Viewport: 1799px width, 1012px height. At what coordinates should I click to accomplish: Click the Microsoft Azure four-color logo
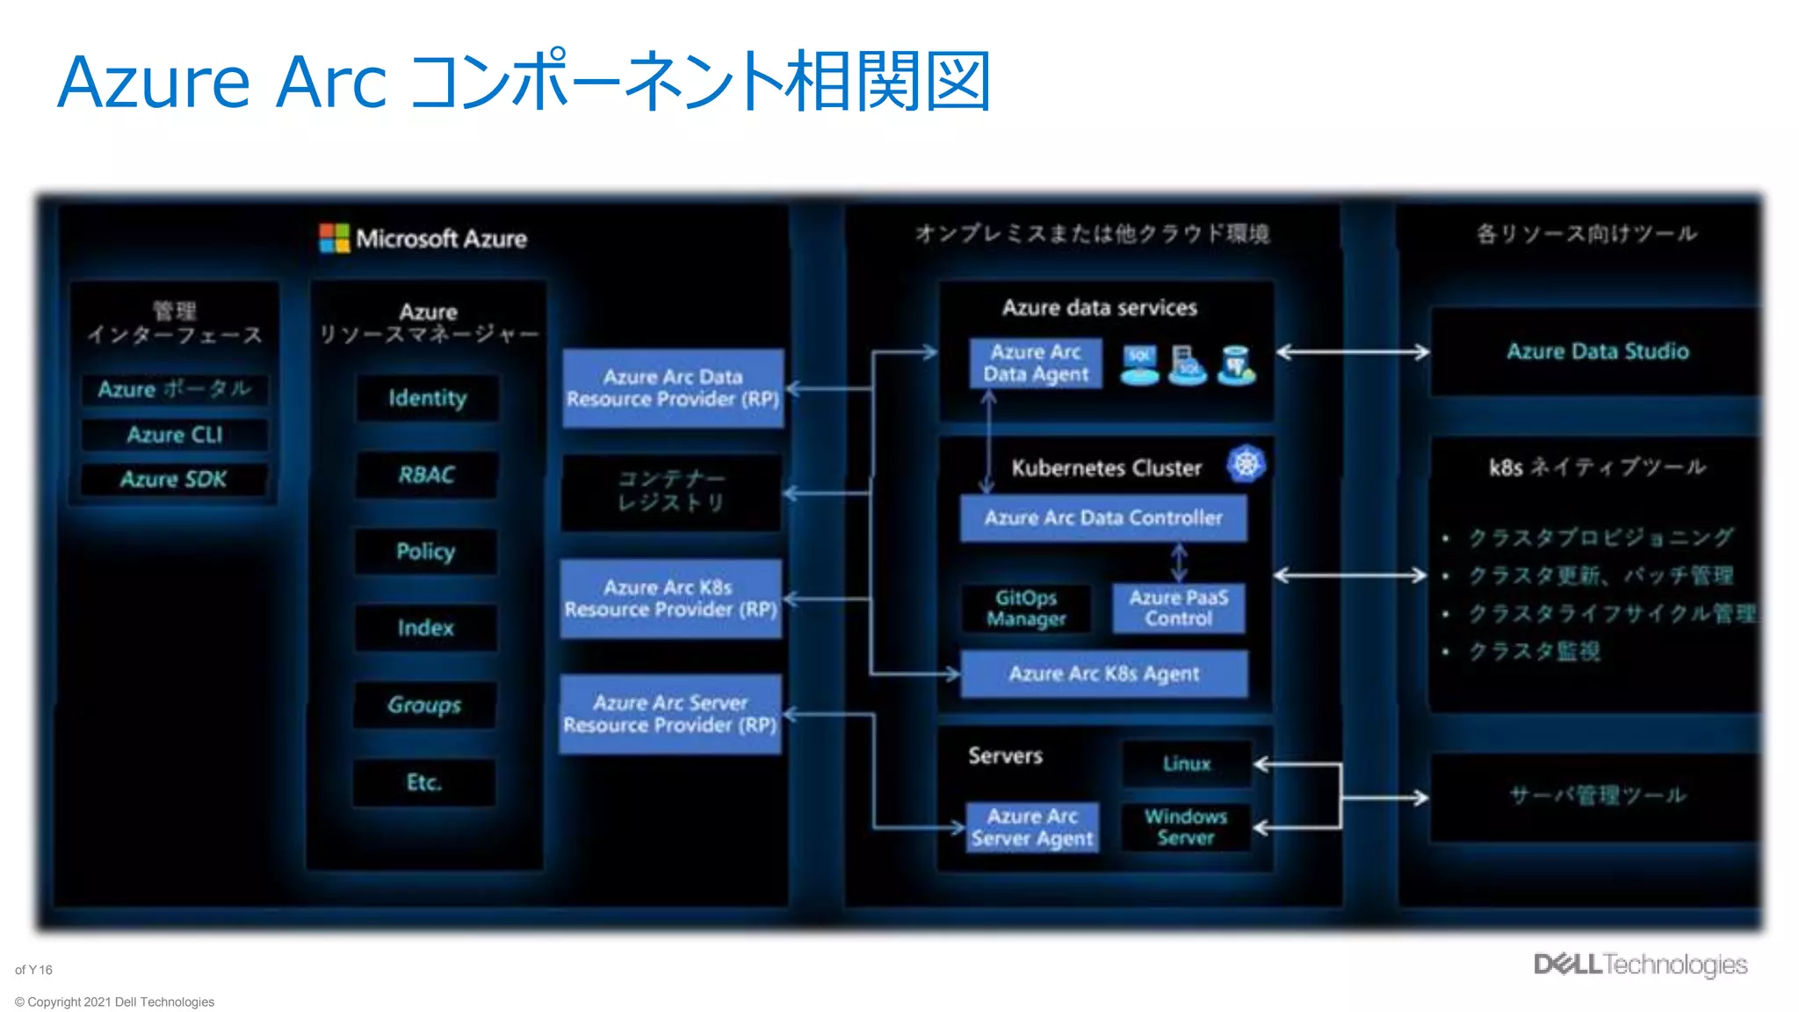(x=334, y=238)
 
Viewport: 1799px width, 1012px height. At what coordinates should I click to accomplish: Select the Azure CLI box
(x=175, y=435)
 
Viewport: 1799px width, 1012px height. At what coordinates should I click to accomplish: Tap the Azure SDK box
(x=174, y=480)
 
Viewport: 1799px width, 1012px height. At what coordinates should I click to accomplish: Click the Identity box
(x=427, y=398)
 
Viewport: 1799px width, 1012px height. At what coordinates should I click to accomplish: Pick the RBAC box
(x=427, y=475)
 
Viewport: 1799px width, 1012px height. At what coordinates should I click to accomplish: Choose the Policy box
(x=426, y=552)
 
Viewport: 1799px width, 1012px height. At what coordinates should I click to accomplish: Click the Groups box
(x=425, y=705)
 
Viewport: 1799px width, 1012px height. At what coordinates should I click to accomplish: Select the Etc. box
(x=424, y=782)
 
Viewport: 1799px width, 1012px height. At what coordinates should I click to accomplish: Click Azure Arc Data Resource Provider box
(x=673, y=388)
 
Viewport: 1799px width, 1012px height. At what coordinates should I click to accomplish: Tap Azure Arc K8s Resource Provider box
(x=671, y=598)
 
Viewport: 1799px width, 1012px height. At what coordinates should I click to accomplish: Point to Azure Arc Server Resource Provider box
(x=670, y=714)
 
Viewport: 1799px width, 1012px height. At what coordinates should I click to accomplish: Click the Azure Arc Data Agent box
(x=1036, y=363)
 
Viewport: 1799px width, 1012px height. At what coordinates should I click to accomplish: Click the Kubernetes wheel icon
(x=1246, y=464)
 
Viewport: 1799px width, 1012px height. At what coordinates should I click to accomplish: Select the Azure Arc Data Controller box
(x=1103, y=518)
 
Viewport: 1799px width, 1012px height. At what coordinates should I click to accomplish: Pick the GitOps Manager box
(x=1026, y=608)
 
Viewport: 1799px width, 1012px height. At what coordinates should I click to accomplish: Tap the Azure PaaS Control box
(x=1178, y=608)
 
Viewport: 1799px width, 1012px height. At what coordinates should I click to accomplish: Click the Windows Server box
(x=1185, y=827)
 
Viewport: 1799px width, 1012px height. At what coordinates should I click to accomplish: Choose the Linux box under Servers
(x=1187, y=763)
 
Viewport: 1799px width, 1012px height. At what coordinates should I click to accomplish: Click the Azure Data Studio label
(x=1597, y=351)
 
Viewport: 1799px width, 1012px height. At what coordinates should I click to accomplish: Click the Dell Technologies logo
(x=1640, y=965)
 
